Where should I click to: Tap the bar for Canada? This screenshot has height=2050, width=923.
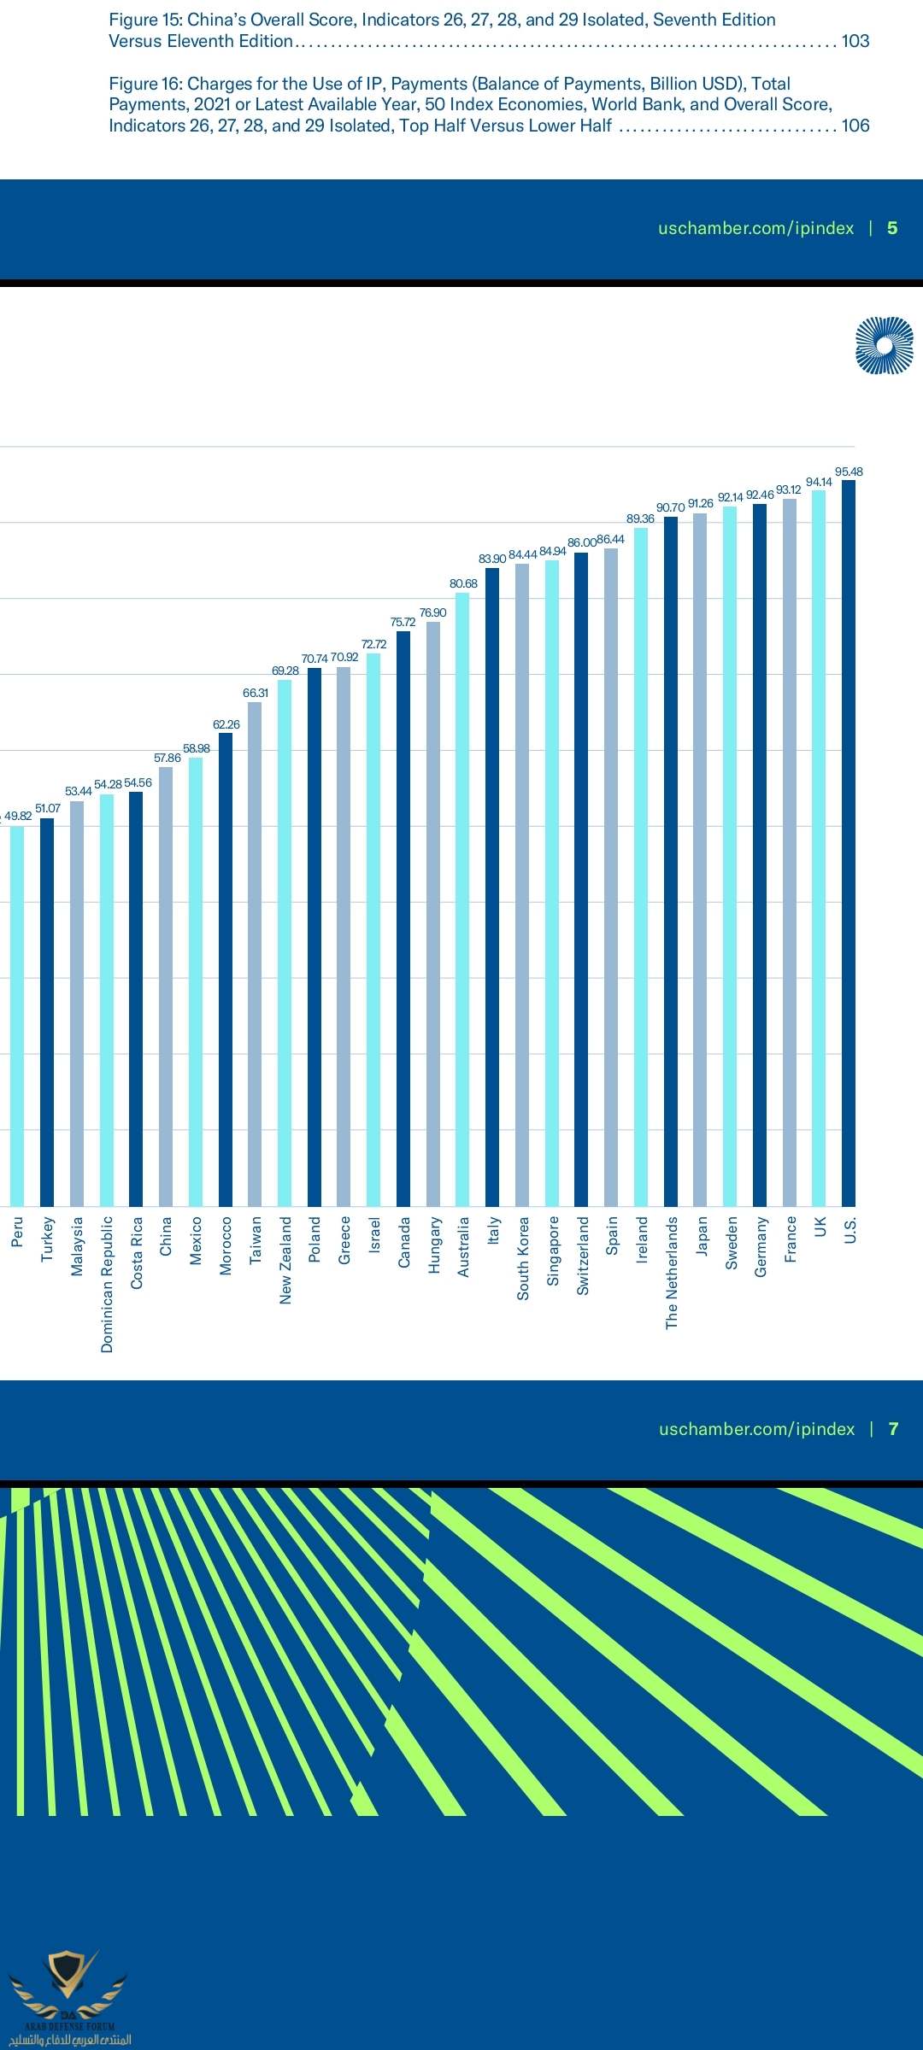(403, 918)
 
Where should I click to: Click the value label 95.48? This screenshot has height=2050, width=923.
(849, 471)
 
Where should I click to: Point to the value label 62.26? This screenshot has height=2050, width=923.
(226, 724)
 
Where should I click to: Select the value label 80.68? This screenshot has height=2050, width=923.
(463, 583)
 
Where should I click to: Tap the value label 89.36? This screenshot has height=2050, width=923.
(640, 518)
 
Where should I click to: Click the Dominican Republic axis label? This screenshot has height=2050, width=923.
(107, 1284)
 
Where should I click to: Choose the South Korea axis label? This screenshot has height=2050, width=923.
(523, 1258)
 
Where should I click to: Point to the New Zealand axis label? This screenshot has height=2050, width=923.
(285, 1260)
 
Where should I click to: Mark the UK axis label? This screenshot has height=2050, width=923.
(820, 1227)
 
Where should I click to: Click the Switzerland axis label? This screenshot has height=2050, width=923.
(583, 1256)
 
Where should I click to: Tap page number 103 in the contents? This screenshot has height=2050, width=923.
(855, 41)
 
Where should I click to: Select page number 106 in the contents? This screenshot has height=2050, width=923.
(855, 126)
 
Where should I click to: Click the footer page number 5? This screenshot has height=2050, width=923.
(892, 228)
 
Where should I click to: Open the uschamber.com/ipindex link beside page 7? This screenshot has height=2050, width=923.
(756, 1429)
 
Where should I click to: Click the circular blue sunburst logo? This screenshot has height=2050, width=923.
(885, 346)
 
